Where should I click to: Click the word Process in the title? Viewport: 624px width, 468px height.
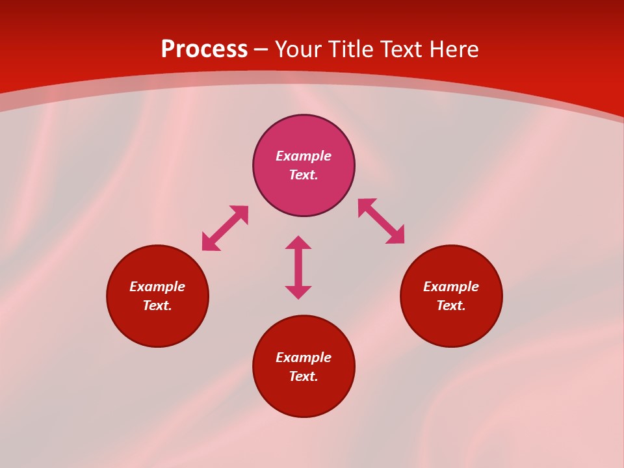point(204,49)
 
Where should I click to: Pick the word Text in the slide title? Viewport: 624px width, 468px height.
point(402,49)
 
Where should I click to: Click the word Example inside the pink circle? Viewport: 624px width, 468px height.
point(304,156)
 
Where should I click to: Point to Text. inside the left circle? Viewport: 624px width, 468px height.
point(157,305)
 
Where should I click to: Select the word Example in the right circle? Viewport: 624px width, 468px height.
point(451,287)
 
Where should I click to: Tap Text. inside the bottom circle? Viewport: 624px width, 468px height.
point(304,376)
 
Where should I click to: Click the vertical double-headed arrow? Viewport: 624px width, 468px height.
point(298,267)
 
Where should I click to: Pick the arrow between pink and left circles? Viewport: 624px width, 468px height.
point(225,228)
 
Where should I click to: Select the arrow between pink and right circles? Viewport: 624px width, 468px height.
point(381,221)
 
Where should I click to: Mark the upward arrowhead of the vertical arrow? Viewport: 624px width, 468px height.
point(298,242)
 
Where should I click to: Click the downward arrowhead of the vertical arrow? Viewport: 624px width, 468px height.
point(298,292)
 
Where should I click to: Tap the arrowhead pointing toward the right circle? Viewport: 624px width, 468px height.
point(396,236)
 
